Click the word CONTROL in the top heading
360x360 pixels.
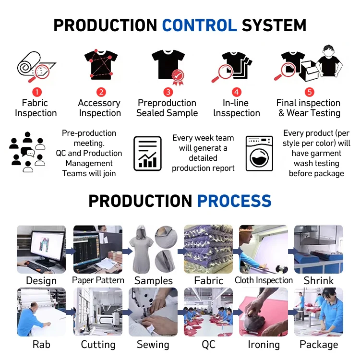(x=199, y=25)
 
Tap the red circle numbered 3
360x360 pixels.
(x=168, y=92)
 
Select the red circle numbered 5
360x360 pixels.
(x=310, y=92)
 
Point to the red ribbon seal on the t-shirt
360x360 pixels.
(x=178, y=76)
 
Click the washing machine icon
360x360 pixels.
(x=259, y=154)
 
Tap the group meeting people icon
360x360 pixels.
(x=27, y=153)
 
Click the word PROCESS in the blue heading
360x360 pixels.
(x=234, y=201)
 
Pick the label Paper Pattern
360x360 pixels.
(x=98, y=280)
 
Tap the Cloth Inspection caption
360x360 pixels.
(x=264, y=280)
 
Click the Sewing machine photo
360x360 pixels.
(x=153, y=312)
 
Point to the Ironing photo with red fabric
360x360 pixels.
(x=264, y=312)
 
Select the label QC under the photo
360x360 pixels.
(x=208, y=345)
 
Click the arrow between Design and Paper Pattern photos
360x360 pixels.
(x=70, y=251)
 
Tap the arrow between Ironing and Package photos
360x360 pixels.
(x=291, y=312)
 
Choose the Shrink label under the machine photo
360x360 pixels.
(x=319, y=280)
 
